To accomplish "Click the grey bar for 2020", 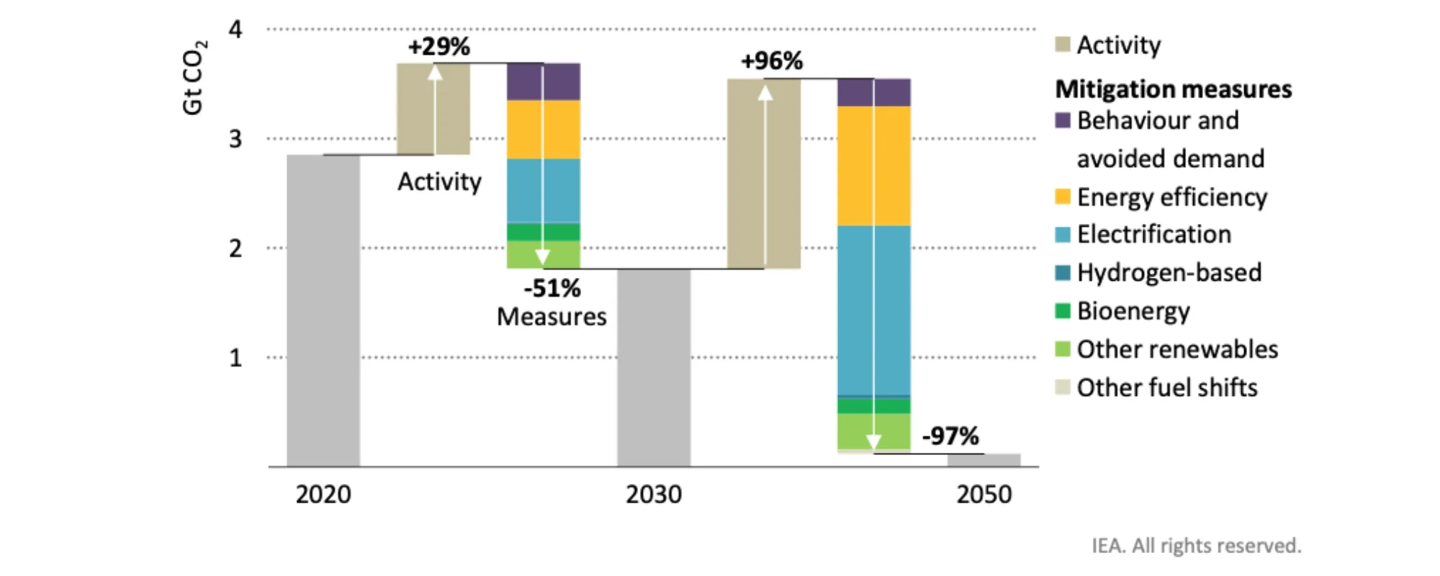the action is [x=323, y=310].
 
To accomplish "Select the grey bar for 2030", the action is [x=654, y=367].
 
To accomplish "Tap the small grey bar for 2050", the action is [x=984, y=460].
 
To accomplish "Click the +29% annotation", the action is [x=439, y=47].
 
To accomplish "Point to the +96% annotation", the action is [x=772, y=61].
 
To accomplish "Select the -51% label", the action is [x=552, y=289].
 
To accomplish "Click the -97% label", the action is [x=950, y=436].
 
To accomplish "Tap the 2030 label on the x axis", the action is [x=654, y=495].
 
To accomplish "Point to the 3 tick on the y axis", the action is [x=235, y=139].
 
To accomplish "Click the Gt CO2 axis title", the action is [x=194, y=77].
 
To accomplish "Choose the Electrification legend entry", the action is [x=1143, y=235].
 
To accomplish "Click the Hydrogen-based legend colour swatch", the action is [x=1063, y=273].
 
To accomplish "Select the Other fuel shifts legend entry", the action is [x=1156, y=388].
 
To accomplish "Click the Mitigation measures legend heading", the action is [x=1174, y=89].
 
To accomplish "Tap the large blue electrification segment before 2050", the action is [x=874, y=310].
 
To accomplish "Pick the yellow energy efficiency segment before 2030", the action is [x=544, y=130].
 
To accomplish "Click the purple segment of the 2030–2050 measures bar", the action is [x=874, y=92].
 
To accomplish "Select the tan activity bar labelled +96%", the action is [x=764, y=174].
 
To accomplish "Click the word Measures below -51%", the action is [x=552, y=317].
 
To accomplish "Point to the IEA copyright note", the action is [x=1197, y=546].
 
